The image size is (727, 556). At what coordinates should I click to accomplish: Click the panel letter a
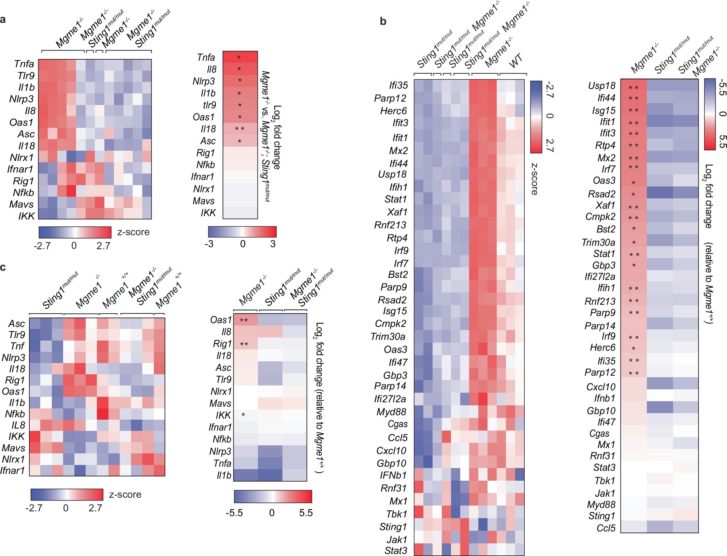[3, 20]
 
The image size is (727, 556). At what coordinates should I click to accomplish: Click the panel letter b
[383, 21]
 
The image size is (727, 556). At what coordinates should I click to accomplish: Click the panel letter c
[3, 267]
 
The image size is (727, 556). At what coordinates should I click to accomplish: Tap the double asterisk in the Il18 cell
[239, 129]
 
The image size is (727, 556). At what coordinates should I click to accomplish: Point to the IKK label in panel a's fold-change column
[208, 213]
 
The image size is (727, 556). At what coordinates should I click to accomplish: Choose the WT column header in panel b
[516, 61]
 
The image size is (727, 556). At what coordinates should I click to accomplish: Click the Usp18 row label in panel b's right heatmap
[602, 86]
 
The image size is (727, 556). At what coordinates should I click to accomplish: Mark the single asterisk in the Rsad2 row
[633, 195]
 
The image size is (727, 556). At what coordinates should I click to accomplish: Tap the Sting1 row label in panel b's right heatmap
[601, 516]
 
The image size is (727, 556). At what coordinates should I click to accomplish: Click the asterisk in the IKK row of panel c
[243, 415]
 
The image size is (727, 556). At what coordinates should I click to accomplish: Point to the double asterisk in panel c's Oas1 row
[244, 320]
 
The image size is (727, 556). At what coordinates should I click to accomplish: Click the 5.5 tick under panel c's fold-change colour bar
[306, 513]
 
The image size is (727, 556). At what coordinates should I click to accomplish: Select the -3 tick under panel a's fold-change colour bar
[209, 244]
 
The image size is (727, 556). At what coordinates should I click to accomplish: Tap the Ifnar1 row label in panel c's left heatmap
[13, 470]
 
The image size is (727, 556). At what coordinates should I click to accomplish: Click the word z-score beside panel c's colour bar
[125, 495]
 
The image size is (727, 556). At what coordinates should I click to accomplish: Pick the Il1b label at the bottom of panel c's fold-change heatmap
[224, 475]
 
